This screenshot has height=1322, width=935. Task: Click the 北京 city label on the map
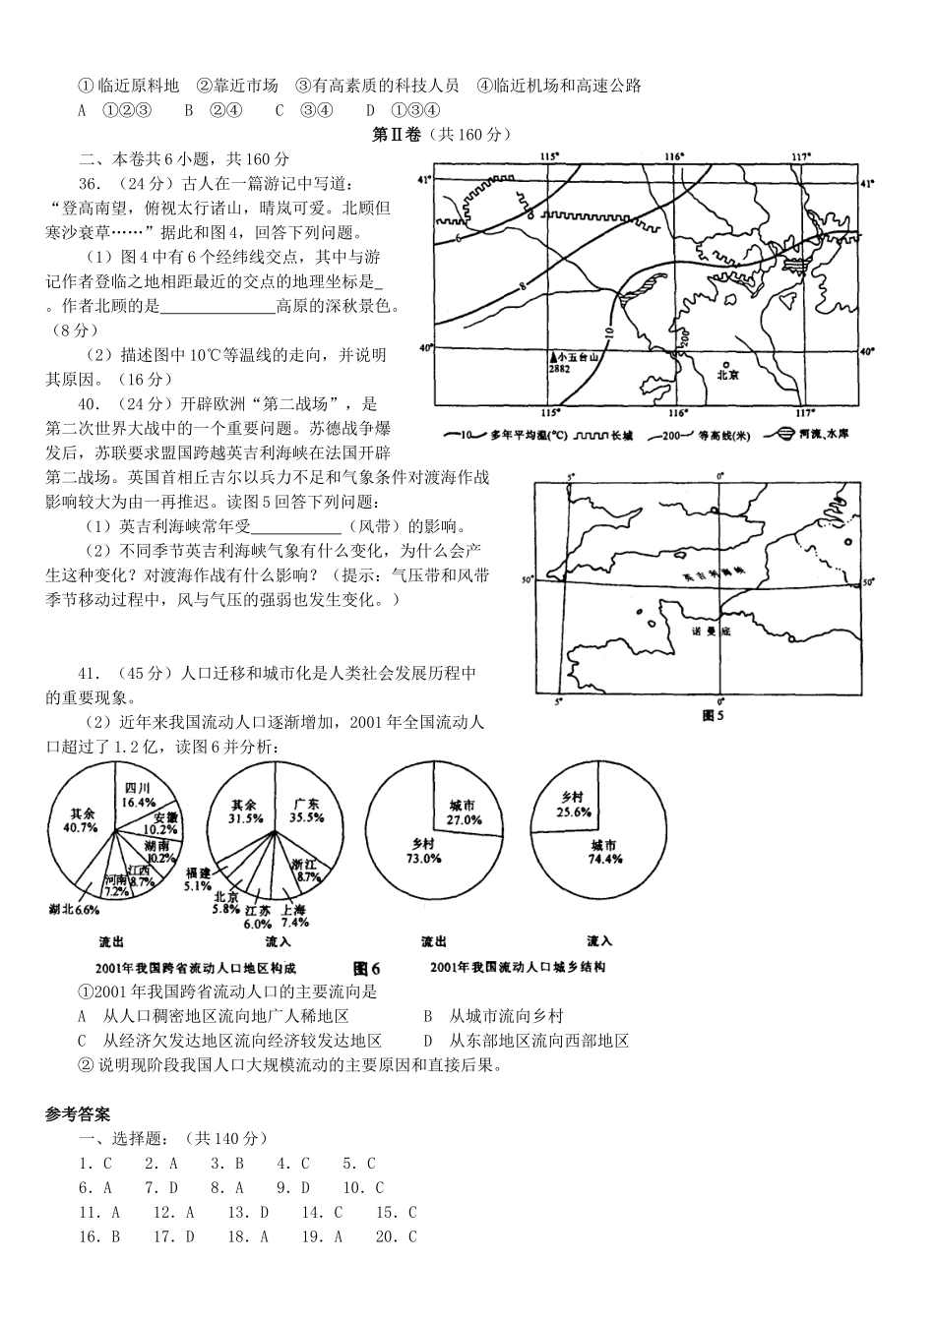(727, 374)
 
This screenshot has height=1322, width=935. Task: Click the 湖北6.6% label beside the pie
(74, 910)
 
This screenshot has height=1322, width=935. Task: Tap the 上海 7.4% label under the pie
(295, 916)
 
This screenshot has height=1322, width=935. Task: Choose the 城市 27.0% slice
(463, 811)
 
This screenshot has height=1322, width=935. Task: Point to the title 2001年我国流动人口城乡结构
(518, 968)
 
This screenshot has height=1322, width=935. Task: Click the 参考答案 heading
(78, 1114)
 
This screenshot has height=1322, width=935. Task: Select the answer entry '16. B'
(99, 1236)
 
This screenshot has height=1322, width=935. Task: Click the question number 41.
(91, 674)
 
